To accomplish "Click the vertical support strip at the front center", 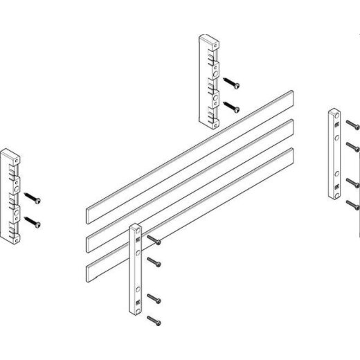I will pos(136,270).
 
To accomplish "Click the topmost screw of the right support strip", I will pos(352,126).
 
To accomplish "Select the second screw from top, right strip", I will pos(352,147).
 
